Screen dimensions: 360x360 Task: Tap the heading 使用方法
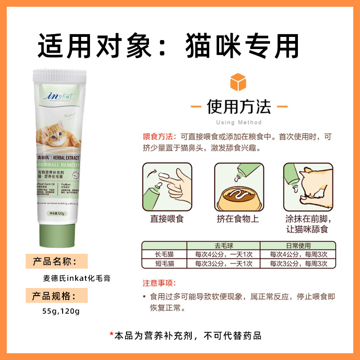(x=238, y=107)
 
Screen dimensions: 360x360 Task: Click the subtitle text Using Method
(x=238, y=122)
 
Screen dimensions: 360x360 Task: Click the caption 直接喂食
(x=167, y=219)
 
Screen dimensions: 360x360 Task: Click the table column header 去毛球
(x=224, y=246)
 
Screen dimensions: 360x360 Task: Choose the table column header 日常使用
(x=298, y=246)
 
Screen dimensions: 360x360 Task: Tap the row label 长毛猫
(x=164, y=254)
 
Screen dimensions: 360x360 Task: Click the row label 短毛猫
(x=164, y=263)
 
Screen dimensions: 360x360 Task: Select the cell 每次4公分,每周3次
(x=298, y=254)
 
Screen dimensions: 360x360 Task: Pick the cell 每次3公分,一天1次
(x=224, y=263)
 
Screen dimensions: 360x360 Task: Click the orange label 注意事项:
(x=159, y=283)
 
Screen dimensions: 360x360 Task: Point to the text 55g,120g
(x=58, y=310)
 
